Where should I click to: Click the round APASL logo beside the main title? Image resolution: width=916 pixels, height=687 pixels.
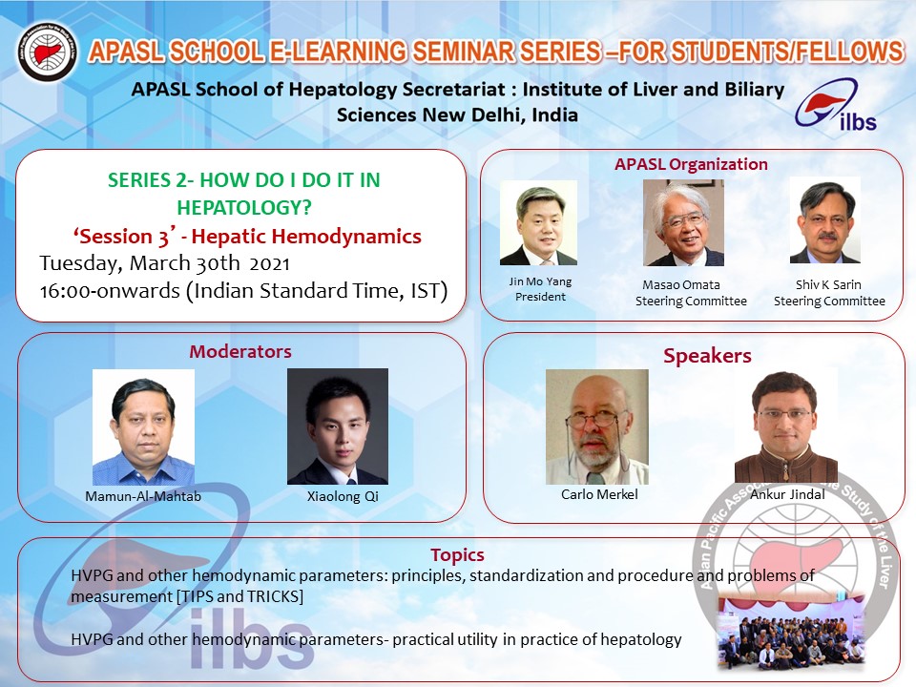48,52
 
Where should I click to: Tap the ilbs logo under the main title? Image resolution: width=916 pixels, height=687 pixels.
836,105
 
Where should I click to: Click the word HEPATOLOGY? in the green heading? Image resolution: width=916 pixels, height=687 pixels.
244,207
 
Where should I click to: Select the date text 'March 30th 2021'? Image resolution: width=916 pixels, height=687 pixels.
209,263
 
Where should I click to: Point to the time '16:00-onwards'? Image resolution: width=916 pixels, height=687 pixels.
110,290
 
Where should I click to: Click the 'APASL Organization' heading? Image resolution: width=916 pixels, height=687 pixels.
691,165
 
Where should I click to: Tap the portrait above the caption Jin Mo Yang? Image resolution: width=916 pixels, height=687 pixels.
538,222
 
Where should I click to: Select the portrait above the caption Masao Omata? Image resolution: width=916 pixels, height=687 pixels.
683,222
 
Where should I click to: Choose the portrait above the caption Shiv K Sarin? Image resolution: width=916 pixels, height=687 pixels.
824,220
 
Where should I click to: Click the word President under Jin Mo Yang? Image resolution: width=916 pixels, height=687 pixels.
540,297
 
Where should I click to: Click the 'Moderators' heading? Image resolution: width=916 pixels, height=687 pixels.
240,351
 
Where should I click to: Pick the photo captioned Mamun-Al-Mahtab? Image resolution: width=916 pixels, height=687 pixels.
143,427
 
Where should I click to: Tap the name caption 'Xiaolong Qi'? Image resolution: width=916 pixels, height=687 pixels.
343,496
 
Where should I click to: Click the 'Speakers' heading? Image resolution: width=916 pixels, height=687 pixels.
707,356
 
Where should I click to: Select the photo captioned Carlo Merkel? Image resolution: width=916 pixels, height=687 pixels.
597,427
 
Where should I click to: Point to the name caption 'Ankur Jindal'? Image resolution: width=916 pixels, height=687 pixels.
787,494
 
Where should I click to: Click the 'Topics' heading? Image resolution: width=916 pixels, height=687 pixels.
457,555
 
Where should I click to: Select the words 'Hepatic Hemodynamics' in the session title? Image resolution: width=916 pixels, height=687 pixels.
306,236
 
